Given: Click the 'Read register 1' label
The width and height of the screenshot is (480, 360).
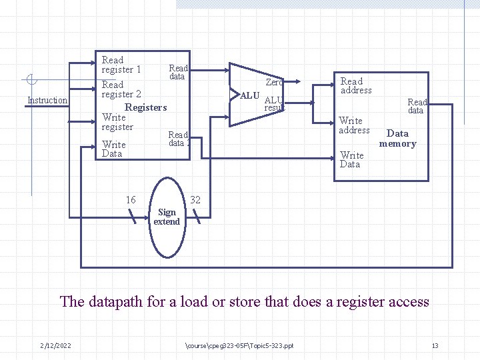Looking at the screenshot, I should click(121, 65).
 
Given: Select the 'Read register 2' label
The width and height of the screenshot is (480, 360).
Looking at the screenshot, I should click(121, 89).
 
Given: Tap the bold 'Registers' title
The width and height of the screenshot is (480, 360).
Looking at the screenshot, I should click(145, 107).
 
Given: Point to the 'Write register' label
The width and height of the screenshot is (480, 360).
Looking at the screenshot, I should click(117, 122).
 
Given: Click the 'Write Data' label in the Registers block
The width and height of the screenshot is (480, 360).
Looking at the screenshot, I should click(113, 149).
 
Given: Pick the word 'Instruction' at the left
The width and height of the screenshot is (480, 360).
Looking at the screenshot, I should click(47, 101).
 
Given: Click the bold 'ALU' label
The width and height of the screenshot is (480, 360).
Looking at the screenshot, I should click(249, 96).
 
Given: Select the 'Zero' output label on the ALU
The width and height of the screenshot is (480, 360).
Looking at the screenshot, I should click(274, 83).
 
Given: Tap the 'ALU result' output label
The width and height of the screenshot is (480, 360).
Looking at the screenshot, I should click(274, 104).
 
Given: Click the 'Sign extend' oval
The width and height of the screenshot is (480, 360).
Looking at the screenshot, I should click(167, 217).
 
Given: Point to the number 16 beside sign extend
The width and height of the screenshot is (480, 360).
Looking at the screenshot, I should click(131, 200).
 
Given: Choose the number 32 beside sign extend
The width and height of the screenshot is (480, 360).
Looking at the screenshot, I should click(195, 200).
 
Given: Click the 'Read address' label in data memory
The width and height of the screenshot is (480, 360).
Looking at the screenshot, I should click(355, 86).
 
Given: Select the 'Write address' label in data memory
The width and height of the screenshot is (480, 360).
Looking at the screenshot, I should click(353, 125).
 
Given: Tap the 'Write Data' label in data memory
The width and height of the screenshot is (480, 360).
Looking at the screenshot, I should click(351, 159).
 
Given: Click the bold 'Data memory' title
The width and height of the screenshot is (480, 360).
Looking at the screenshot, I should click(397, 138).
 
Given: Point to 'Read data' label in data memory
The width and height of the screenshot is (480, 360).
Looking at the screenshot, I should click(417, 106).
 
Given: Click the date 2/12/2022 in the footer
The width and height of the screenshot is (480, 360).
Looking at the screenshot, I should click(55, 345).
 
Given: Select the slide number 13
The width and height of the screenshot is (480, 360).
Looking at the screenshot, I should click(435, 345).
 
